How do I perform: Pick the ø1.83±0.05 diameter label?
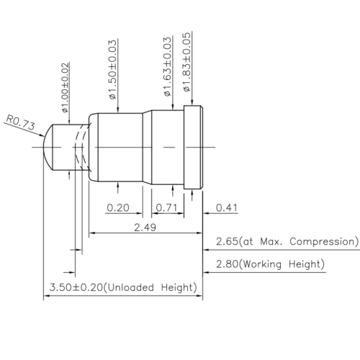click(x=186, y=66)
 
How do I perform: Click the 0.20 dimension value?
click(x=119, y=208)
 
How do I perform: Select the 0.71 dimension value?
click(x=168, y=208)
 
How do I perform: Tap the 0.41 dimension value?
click(x=227, y=208)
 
